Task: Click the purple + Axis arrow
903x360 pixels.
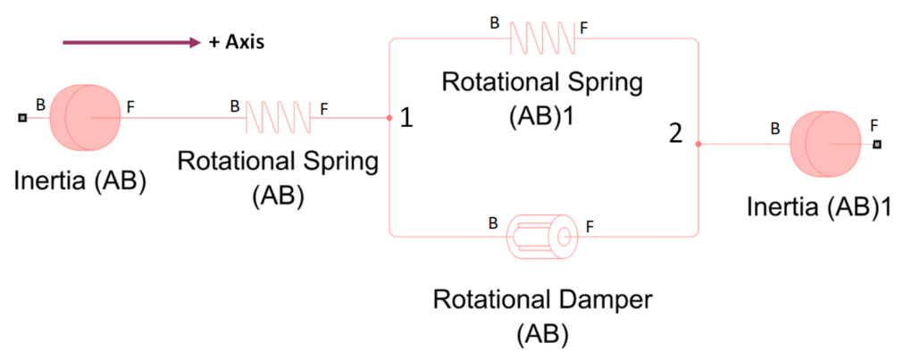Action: pyautogui.click(x=130, y=42)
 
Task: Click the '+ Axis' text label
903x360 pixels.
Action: pyautogui.click(x=237, y=42)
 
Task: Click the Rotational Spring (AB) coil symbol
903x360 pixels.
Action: pyautogui.click(x=277, y=117)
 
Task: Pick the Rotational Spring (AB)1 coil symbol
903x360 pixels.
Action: pyautogui.click(x=540, y=38)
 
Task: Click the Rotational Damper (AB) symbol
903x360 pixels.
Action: pyautogui.click(x=540, y=236)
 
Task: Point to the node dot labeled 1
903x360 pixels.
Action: pyautogui.click(x=389, y=117)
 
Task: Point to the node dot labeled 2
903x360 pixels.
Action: pyautogui.click(x=698, y=144)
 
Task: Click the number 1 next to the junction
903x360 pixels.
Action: pyautogui.click(x=406, y=118)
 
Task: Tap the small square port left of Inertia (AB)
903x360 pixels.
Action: pyautogui.click(x=21, y=117)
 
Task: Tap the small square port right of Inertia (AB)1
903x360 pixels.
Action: pyautogui.click(x=877, y=144)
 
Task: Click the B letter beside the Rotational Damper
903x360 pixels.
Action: pyautogui.click(x=492, y=222)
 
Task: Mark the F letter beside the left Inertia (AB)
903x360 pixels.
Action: pyautogui.click(x=130, y=106)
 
